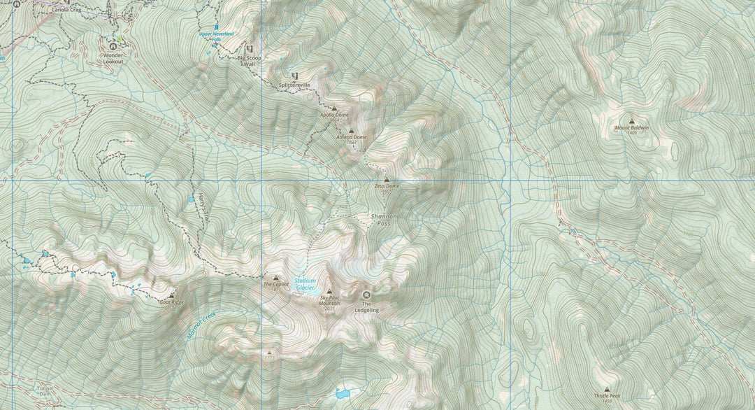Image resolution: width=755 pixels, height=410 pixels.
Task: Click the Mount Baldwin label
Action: [x=631, y=128]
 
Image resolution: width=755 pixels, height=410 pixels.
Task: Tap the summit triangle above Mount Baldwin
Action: [x=632, y=120]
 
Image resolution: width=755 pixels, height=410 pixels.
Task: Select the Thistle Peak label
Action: [x=606, y=395]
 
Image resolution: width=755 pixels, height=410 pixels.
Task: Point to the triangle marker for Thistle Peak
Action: [x=606, y=388]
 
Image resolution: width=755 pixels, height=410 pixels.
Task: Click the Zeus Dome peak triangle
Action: [x=387, y=179]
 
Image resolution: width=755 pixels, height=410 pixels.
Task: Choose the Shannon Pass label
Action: [x=383, y=220]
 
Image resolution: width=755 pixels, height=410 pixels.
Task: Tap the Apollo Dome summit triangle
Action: [x=334, y=108]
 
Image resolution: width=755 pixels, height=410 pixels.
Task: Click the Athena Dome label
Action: [x=351, y=137]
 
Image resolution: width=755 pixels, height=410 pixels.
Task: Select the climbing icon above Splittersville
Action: [x=294, y=76]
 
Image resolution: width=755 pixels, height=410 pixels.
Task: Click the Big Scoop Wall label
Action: [x=250, y=60]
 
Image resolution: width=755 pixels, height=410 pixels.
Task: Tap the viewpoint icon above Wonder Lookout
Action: [x=113, y=46]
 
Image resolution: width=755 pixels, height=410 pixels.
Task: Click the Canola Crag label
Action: [x=67, y=10]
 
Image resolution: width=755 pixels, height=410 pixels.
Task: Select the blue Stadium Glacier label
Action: [x=305, y=284]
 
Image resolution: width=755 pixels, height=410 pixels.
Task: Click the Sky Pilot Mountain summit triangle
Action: [x=329, y=291]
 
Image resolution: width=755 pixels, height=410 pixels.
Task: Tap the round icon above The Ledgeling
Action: [x=366, y=295]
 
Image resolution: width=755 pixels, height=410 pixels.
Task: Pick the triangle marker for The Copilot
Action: [x=275, y=278]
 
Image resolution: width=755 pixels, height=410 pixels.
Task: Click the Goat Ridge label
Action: [x=171, y=302]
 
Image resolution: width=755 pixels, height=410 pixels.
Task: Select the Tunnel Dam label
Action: [x=45, y=390]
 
